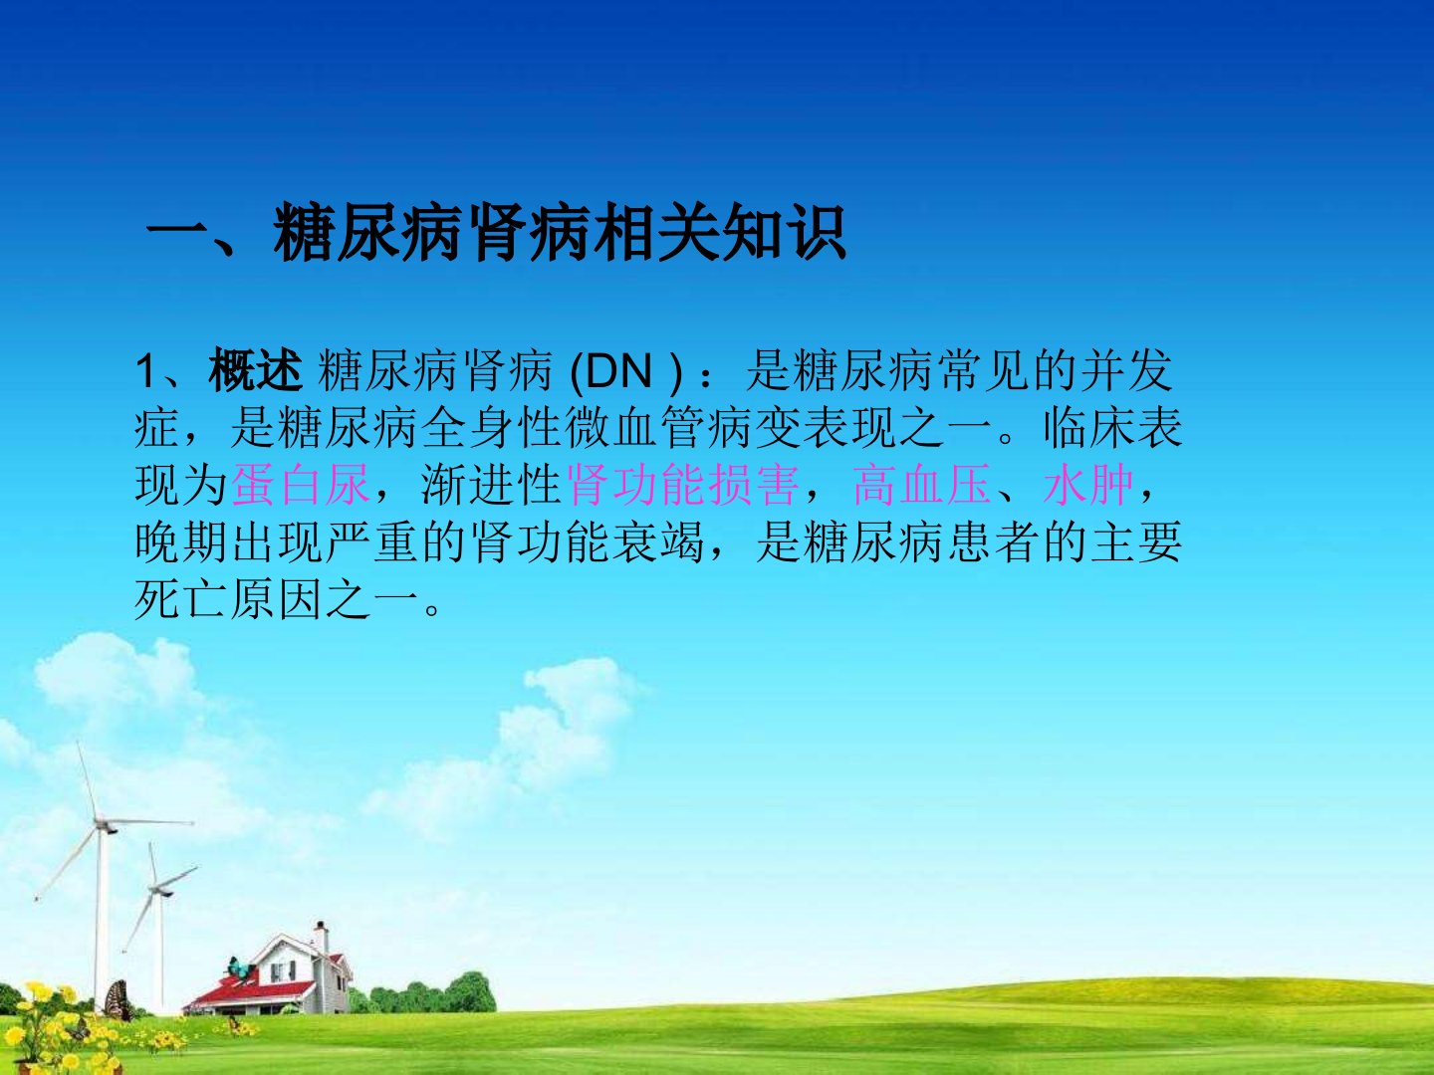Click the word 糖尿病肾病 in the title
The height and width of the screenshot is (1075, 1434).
tap(432, 232)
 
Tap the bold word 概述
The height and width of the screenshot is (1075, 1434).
tap(256, 371)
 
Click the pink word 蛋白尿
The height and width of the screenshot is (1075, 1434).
tap(301, 485)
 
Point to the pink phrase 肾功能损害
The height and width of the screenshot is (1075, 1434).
tap(683, 485)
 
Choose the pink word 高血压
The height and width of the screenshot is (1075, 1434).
tap(922, 485)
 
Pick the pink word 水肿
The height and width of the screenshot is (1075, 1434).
tap(1088, 485)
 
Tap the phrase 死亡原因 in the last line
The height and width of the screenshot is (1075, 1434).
tap(229, 598)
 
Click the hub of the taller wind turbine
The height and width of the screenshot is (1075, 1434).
tap(102, 825)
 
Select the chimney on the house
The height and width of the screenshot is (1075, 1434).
tap(320, 936)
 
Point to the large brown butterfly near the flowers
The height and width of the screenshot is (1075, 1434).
tap(119, 1001)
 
